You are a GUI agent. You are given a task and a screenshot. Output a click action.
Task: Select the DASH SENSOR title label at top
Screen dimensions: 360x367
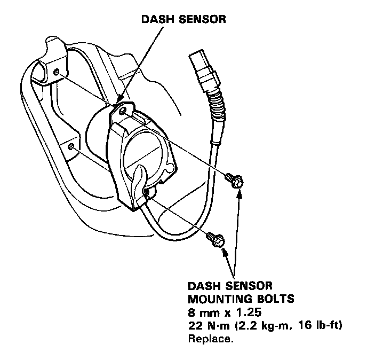coord(183,20)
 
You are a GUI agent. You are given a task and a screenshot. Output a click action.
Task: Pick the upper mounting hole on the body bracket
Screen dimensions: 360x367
coord(57,71)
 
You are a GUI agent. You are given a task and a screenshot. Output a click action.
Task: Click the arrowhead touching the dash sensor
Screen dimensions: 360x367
coord(120,101)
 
